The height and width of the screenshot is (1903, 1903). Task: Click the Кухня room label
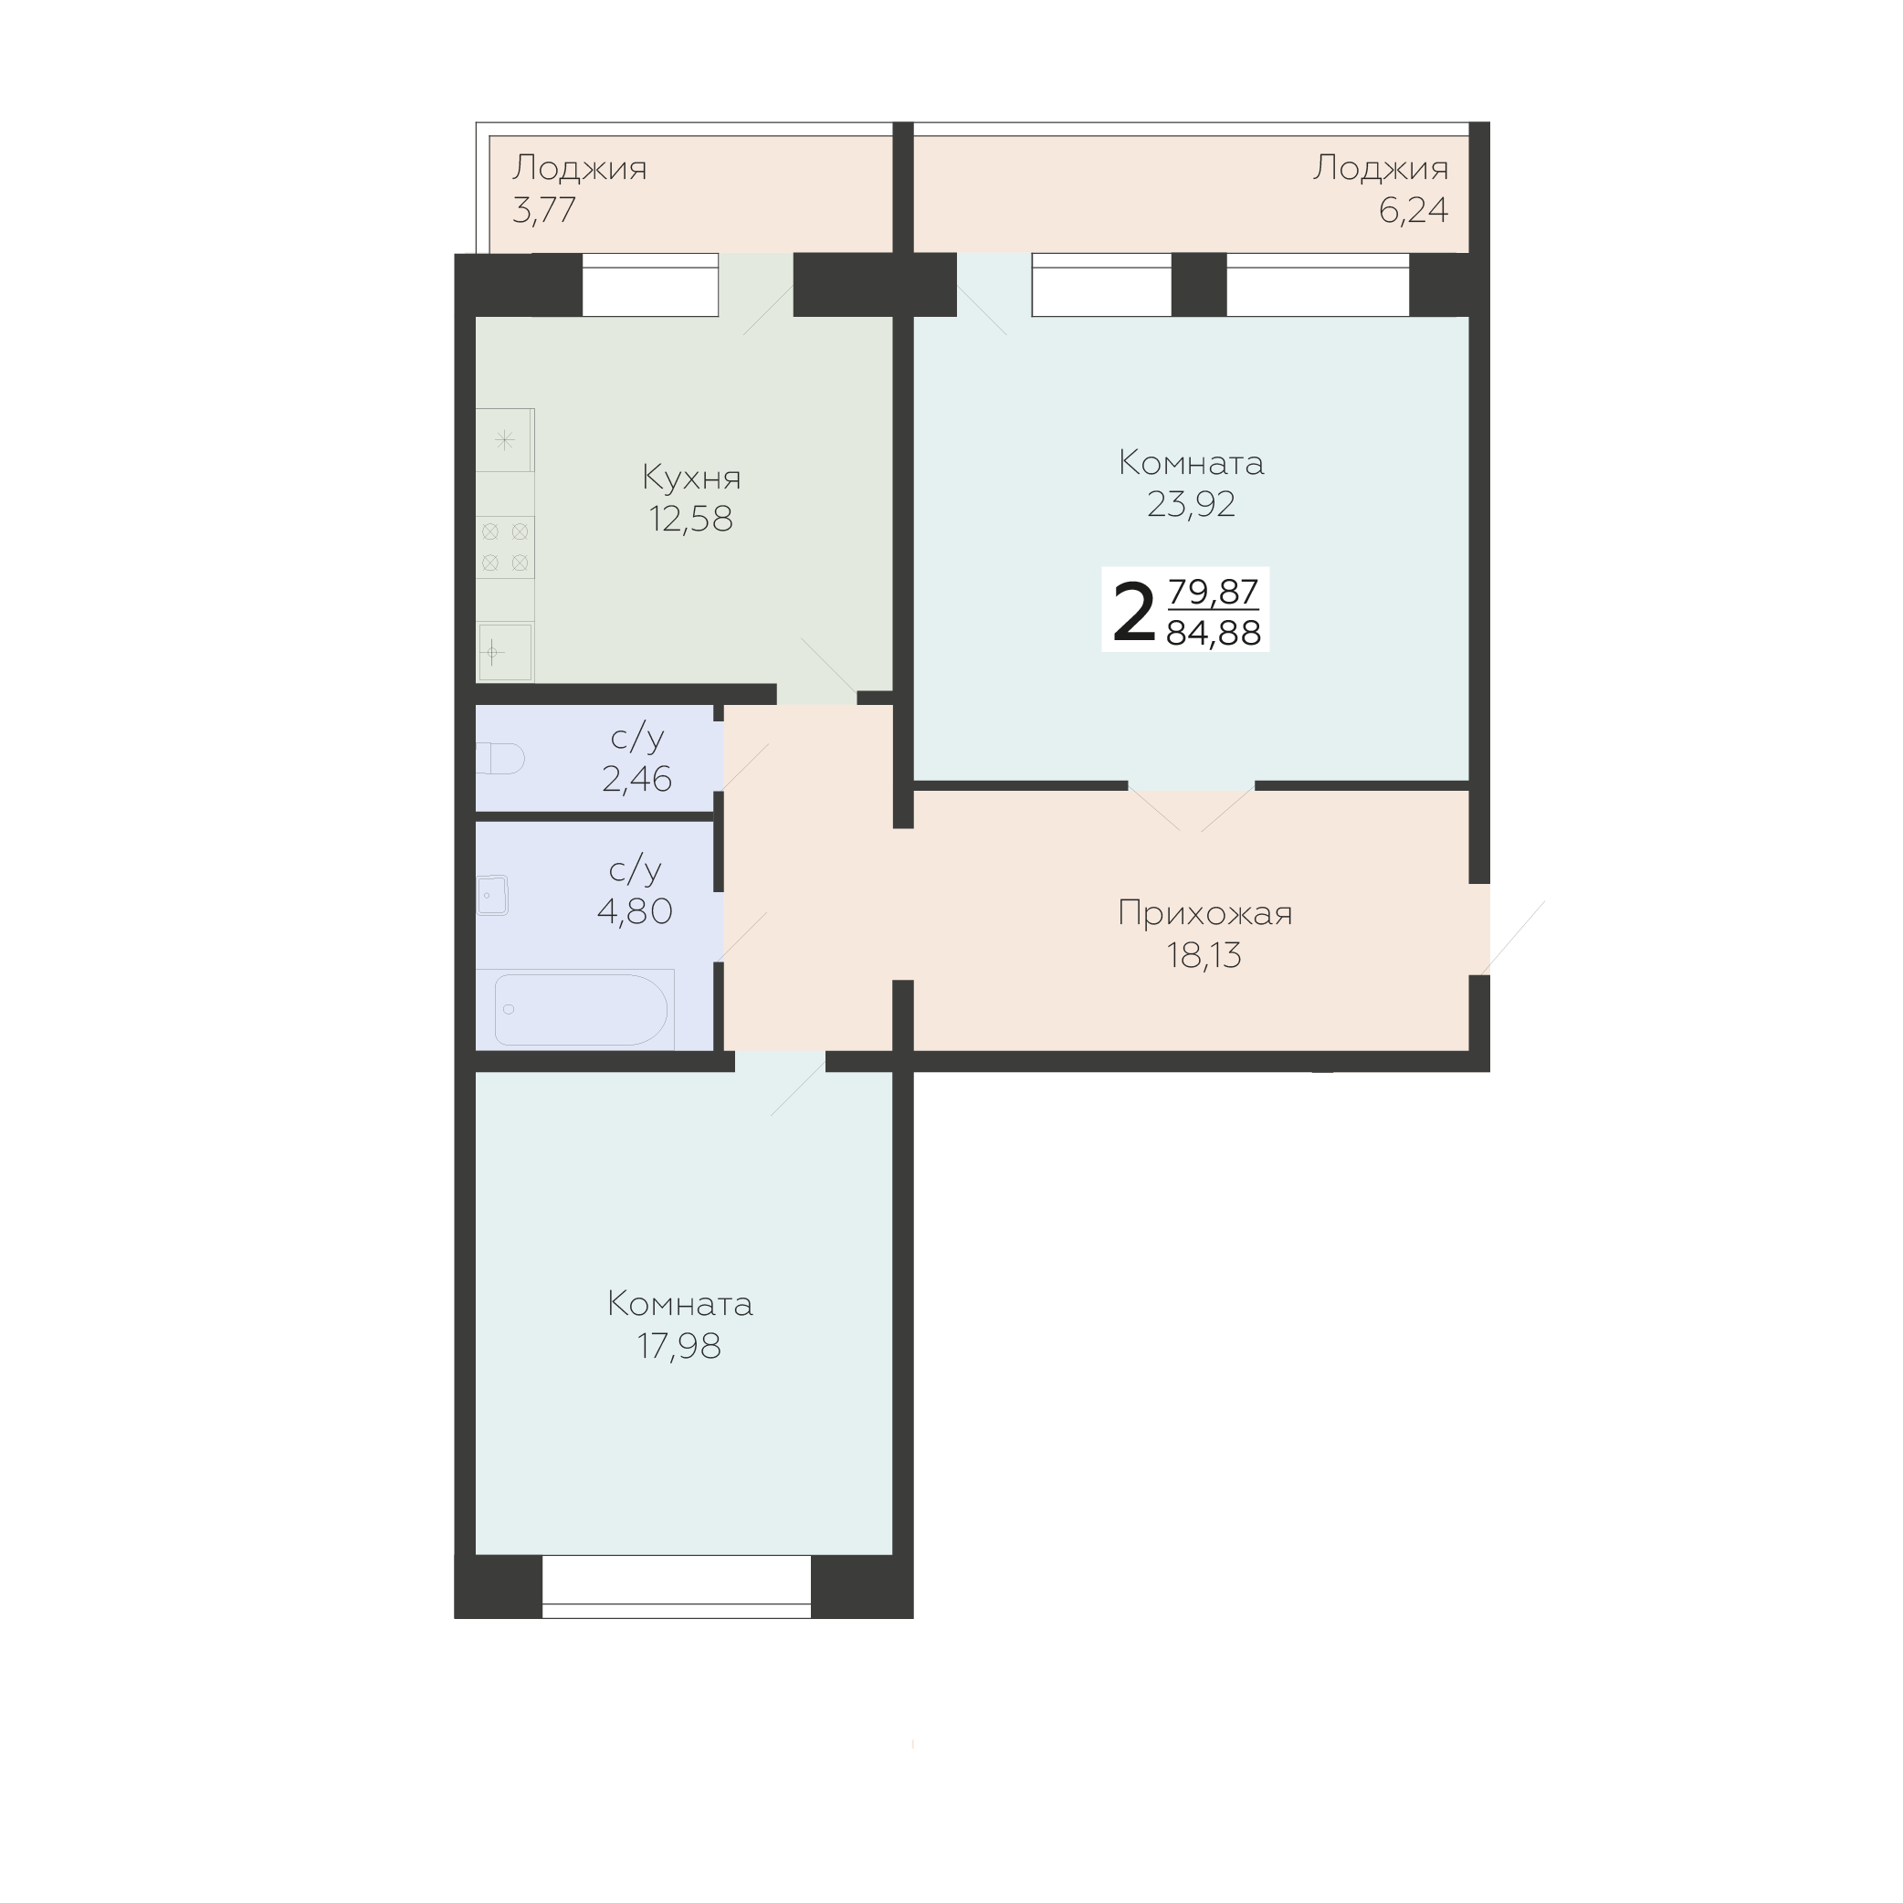tap(691, 478)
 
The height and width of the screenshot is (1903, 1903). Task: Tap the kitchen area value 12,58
tap(690, 519)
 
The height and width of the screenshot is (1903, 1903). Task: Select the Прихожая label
tap(1204, 914)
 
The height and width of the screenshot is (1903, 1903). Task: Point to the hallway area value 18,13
tap(1204, 955)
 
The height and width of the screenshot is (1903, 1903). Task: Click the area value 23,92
tap(1191, 504)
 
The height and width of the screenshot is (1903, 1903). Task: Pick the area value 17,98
tap(678, 1345)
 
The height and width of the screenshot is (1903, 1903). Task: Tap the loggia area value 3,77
tap(543, 211)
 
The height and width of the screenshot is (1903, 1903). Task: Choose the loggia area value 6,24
tap(1414, 211)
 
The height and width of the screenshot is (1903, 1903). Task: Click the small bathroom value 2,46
tap(636, 779)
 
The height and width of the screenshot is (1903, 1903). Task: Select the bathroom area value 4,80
tap(635, 911)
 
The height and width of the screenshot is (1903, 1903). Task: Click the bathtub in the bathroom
tap(581, 1010)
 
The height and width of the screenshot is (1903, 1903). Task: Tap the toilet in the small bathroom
tap(499, 759)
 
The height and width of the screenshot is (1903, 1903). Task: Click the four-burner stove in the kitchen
tap(505, 547)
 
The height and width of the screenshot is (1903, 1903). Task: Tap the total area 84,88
tap(1214, 634)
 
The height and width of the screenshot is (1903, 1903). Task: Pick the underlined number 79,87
tap(1214, 592)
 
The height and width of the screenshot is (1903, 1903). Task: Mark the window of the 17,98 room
tap(677, 1587)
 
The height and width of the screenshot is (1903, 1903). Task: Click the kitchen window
tap(650, 285)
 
